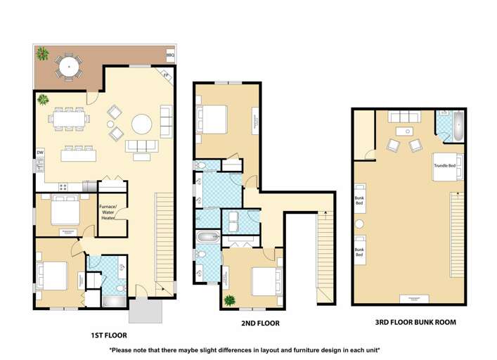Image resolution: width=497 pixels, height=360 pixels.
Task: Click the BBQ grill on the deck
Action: point(170,54)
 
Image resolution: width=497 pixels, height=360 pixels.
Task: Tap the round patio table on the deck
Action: point(68,67)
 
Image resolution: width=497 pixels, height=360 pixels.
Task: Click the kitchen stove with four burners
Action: point(63,187)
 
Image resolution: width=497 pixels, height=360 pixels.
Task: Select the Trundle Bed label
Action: point(445,165)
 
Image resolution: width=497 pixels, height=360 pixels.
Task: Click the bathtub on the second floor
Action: point(208,236)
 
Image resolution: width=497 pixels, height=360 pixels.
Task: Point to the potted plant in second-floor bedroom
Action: point(229,300)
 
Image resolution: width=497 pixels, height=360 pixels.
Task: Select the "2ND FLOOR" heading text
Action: point(260,323)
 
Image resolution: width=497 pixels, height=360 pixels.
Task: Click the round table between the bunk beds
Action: point(359,224)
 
